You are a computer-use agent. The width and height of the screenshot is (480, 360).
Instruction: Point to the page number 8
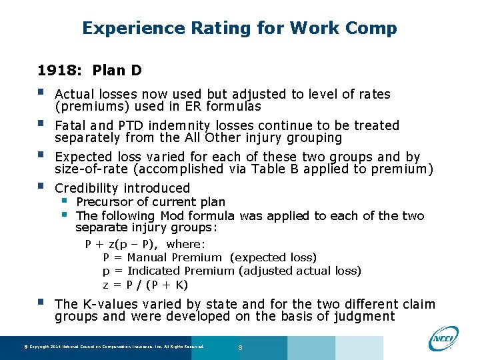240,347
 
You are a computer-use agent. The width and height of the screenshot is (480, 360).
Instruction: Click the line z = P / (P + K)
145,285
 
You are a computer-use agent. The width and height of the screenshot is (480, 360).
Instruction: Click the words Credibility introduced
122,188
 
